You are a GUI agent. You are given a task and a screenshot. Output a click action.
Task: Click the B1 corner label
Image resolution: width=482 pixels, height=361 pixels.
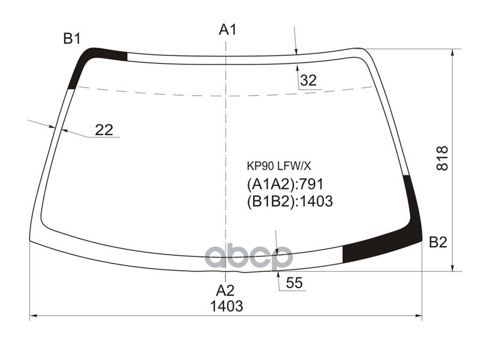[72, 39]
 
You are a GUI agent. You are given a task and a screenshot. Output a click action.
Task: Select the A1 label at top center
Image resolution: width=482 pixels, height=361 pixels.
[227, 29]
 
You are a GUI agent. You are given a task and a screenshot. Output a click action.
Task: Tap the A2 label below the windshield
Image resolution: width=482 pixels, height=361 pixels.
[225, 290]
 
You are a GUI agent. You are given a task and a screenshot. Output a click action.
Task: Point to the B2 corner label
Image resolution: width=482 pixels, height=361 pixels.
[438, 242]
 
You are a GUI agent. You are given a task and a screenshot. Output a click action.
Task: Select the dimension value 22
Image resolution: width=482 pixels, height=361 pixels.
[104, 129]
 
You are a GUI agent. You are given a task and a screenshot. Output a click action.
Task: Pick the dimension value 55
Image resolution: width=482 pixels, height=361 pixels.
[294, 283]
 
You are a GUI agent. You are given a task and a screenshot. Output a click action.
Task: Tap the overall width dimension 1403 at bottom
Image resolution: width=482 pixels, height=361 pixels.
[227, 306]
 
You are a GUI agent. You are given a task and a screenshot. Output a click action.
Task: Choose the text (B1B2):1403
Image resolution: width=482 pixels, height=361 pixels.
[289, 202]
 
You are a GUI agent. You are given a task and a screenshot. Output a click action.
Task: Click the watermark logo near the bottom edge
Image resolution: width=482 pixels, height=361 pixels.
[248, 258]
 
